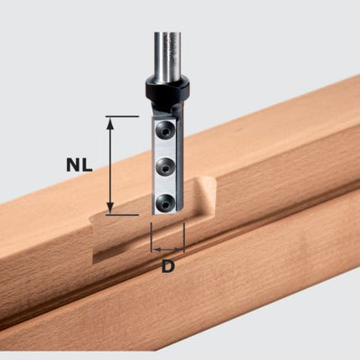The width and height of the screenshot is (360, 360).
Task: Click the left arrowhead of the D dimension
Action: click(x=155, y=249)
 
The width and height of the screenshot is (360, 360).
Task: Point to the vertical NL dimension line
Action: click(x=110, y=166)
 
